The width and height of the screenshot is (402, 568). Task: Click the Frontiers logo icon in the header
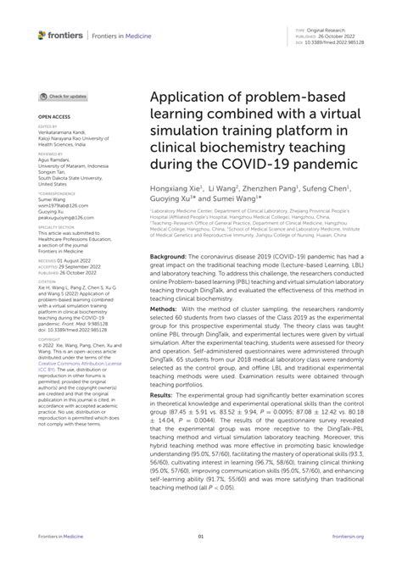point(42,35)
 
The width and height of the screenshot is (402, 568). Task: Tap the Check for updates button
point(63,97)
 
